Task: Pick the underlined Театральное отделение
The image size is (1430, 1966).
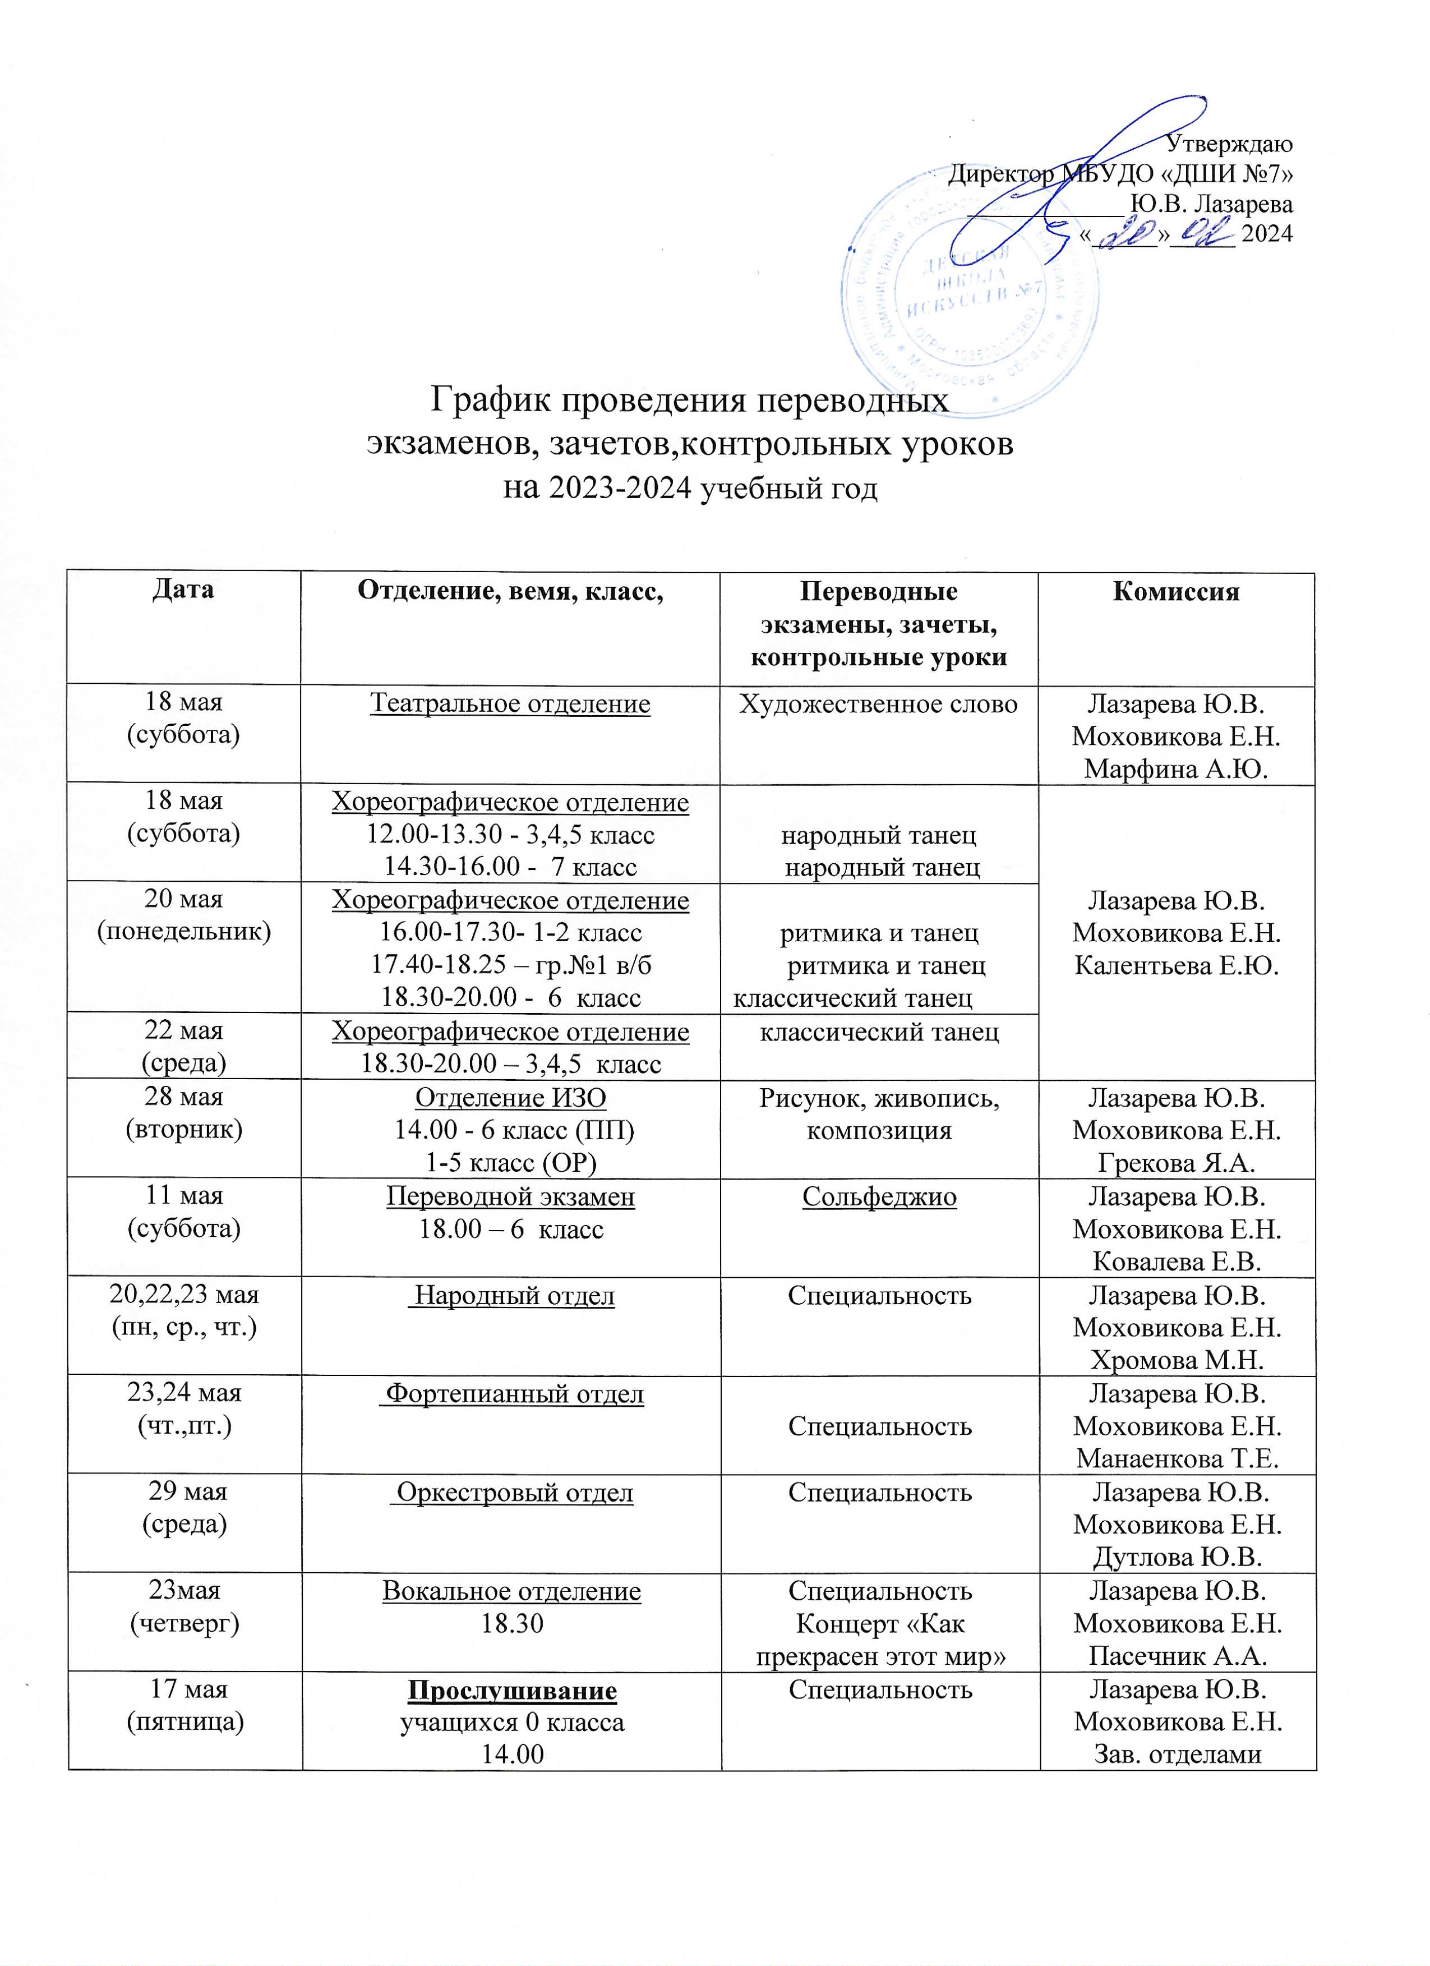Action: coord(510,703)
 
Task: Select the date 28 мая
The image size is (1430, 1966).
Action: coord(184,1097)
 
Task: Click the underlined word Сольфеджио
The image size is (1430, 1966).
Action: coord(879,1196)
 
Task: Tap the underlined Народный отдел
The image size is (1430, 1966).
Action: coord(511,1296)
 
